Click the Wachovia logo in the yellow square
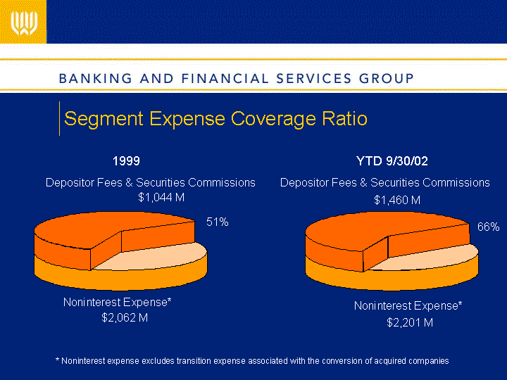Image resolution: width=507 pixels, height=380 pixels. tap(24, 23)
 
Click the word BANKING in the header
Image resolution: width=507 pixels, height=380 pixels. tap(96, 79)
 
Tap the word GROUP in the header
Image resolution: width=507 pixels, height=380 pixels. tap(387, 79)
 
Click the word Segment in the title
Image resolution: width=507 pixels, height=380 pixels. tap(104, 119)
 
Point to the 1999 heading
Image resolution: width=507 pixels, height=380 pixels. tap(126, 161)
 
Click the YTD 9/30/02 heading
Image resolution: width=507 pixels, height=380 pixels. tap(392, 161)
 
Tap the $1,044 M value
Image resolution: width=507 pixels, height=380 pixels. tap(161, 197)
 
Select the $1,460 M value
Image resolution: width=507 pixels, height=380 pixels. tap(397, 200)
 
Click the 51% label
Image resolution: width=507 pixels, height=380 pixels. tap(218, 222)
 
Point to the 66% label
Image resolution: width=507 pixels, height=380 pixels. tap(488, 227)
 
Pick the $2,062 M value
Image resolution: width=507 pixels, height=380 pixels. tap(125, 317)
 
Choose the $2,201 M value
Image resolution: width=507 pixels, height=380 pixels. tap(410, 322)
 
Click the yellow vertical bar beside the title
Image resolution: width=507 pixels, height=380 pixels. tap(59, 118)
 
